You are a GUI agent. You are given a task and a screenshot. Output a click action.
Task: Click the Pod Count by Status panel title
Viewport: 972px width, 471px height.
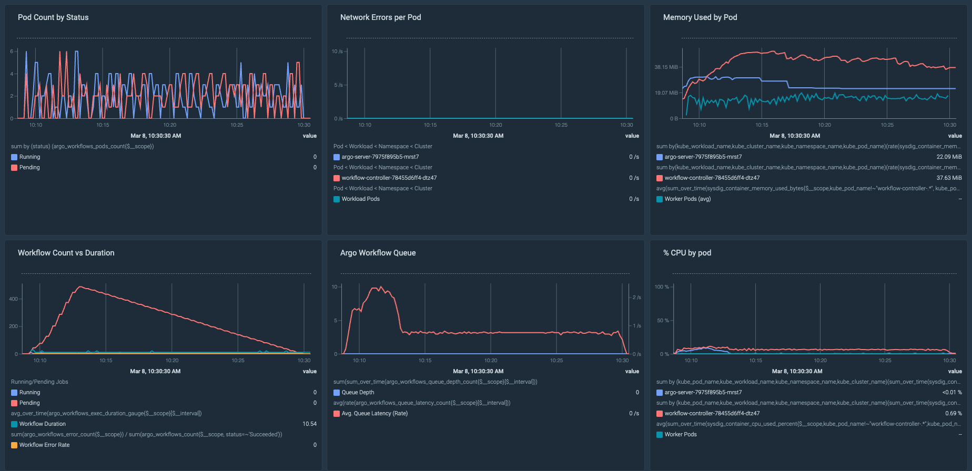point(53,17)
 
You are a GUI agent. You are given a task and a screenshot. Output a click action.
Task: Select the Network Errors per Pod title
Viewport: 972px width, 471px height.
point(380,17)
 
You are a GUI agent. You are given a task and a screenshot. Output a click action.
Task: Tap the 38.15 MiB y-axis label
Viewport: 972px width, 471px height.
point(666,67)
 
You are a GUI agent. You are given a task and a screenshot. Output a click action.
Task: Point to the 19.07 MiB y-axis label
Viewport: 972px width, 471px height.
point(666,93)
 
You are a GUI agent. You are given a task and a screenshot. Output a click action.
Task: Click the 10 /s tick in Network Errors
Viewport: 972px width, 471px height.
point(337,52)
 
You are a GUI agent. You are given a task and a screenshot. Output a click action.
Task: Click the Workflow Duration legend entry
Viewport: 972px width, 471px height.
point(42,424)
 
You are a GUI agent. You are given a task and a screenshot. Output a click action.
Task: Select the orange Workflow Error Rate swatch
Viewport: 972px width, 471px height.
point(14,445)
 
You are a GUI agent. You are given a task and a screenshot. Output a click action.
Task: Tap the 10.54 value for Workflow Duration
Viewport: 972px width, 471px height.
point(309,424)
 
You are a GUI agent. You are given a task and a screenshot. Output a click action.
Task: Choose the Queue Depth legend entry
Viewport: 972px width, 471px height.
point(358,393)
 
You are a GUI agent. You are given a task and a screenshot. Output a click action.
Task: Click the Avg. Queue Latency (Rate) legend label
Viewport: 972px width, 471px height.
point(374,414)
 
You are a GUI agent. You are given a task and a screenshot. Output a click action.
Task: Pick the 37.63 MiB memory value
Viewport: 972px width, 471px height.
point(949,178)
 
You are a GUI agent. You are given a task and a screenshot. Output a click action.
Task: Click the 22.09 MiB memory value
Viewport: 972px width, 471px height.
point(949,157)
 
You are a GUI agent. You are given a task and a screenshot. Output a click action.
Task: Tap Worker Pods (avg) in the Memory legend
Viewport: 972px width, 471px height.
point(687,199)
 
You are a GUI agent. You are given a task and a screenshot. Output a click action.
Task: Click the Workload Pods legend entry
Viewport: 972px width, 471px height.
point(360,199)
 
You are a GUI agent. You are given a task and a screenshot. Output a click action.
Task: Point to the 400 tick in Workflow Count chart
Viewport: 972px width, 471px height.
point(13,299)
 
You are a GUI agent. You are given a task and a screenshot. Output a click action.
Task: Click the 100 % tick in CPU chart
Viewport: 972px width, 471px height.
point(662,287)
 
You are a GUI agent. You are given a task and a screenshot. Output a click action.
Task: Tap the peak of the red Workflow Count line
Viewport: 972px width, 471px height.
point(80,287)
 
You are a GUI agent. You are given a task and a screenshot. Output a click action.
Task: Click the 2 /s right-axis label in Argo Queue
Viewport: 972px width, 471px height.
point(636,298)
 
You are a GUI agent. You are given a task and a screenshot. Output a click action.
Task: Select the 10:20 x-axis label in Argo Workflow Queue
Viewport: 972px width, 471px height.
point(491,361)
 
